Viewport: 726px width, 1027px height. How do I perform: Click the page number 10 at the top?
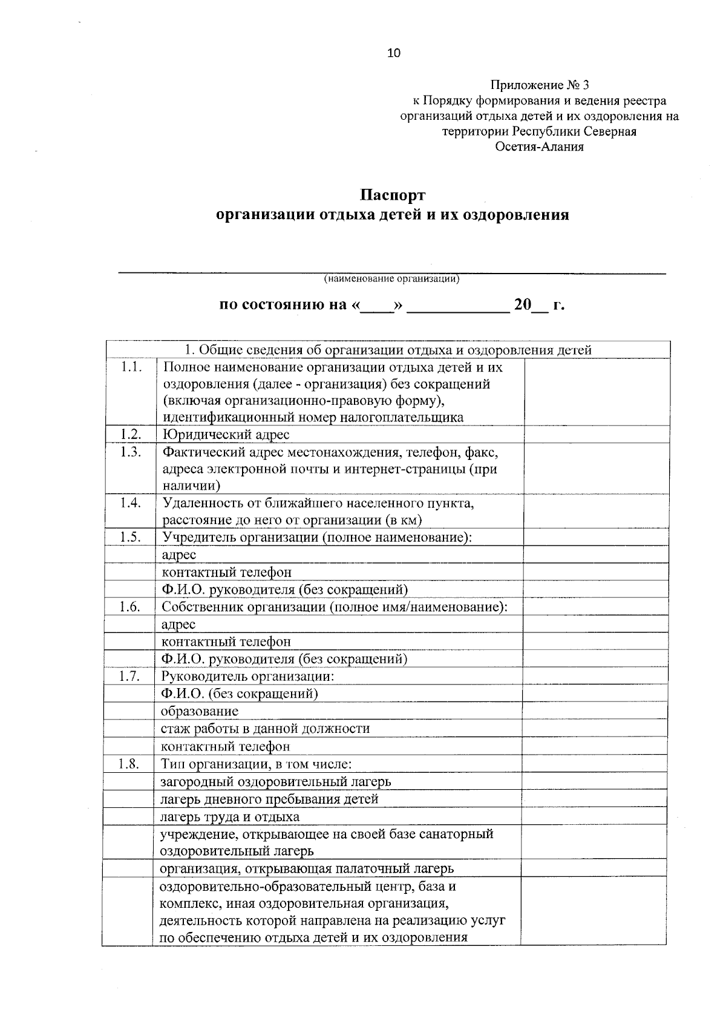(394, 53)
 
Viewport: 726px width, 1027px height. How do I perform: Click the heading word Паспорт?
(393, 195)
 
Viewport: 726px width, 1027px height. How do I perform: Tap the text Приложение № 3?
(539, 85)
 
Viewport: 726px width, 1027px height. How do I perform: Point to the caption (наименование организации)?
(391, 279)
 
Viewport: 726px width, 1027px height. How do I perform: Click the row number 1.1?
(131, 367)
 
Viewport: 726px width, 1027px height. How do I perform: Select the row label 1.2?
(131, 434)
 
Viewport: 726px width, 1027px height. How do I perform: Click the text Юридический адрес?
(226, 435)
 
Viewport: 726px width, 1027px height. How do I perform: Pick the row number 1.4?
(131, 502)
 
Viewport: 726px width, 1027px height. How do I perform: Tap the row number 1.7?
(129, 676)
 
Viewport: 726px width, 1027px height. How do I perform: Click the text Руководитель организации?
(248, 677)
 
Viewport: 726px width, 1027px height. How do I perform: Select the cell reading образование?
(200, 711)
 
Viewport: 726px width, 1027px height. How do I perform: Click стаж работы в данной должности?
(265, 729)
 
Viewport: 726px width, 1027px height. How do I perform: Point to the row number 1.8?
(129, 764)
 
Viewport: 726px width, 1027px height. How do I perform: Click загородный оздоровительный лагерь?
(275, 781)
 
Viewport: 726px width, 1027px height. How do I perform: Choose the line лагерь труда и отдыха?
(230, 816)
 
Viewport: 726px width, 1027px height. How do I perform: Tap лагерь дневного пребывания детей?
(269, 799)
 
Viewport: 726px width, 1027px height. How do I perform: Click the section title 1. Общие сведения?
(387, 350)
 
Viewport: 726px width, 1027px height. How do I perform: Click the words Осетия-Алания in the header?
(539, 147)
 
